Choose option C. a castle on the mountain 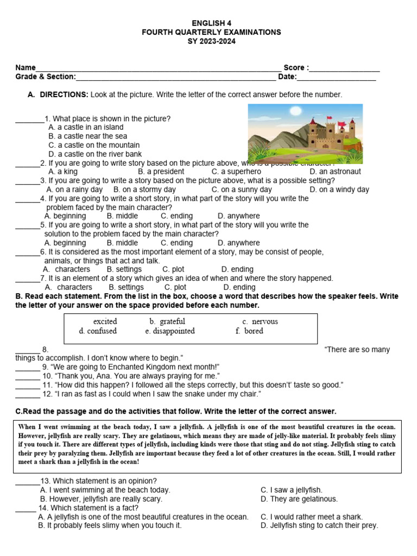94,145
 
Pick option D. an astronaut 335,172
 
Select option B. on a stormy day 144,189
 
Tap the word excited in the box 105,321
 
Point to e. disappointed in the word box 169,331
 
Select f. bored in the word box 249,331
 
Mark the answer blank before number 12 27,395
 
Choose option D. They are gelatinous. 299,498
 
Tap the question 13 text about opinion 99,481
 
